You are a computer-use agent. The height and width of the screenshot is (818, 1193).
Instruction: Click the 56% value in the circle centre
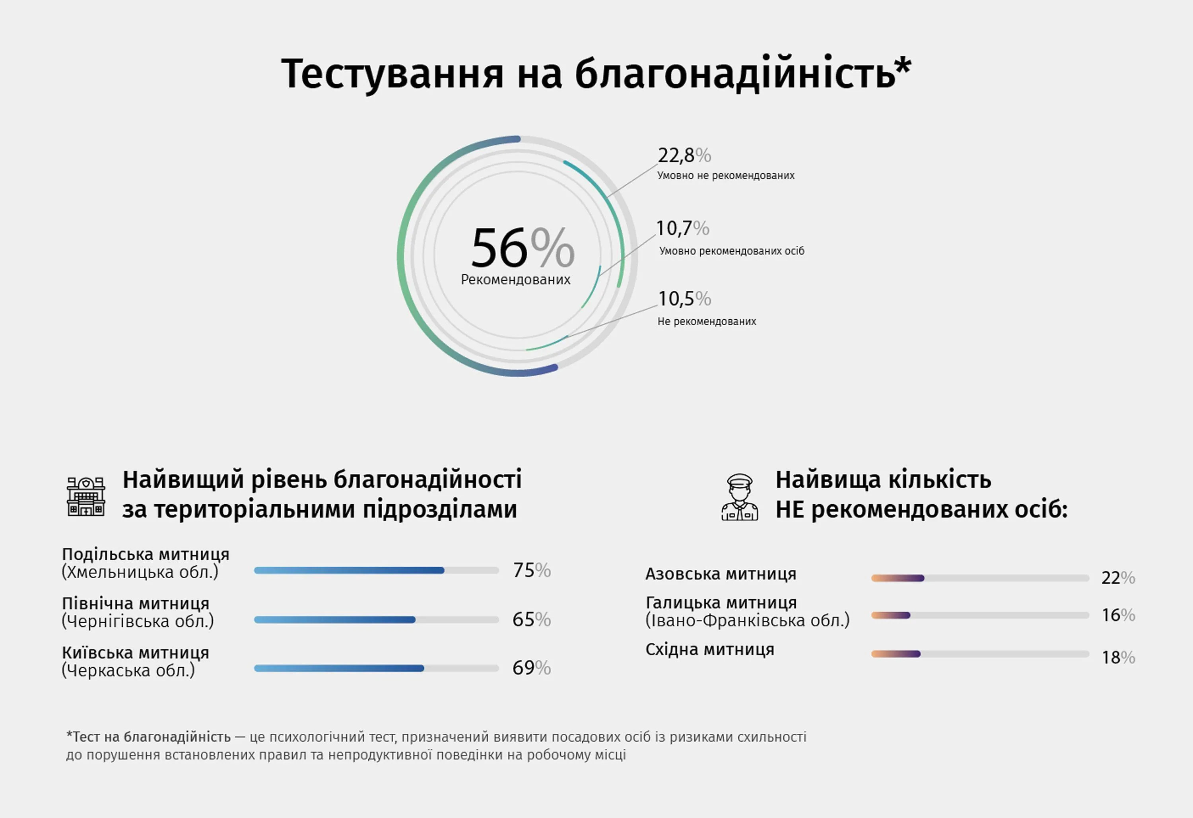(x=523, y=248)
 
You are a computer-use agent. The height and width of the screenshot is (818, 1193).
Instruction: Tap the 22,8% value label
(x=684, y=155)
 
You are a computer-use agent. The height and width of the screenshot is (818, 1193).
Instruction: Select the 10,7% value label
(x=683, y=228)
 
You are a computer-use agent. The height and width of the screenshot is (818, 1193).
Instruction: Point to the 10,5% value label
(x=684, y=298)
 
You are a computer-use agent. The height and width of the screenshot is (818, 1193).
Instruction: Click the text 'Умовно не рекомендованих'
(x=726, y=176)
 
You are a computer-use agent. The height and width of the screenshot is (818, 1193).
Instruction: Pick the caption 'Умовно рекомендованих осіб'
(x=732, y=251)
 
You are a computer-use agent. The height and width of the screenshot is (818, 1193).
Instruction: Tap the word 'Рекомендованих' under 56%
(x=515, y=280)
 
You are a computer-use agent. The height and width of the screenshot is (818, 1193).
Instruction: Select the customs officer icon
(x=739, y=497)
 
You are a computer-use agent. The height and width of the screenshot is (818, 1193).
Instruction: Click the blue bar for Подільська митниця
(x=349, y=570)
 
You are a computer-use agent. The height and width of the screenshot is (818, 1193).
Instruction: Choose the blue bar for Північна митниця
(x=335, y=620)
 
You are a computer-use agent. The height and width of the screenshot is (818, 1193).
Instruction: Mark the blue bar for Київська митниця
(x=339, y=668)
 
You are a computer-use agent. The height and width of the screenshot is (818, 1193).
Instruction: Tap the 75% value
(x=532, y=570)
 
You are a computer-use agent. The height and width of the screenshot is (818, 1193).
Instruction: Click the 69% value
(x=532, y=668)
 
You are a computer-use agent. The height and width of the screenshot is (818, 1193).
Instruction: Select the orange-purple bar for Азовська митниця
(x=898, y=578)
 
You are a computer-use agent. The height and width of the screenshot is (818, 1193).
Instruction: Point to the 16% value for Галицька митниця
(x=1118, y=615)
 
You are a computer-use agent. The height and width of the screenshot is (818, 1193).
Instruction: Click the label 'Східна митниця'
(x=709, y=649)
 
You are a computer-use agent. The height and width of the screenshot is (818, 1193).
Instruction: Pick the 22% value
(x=1118, y=578)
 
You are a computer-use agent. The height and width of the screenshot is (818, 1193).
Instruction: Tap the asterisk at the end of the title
(x=903, y=66)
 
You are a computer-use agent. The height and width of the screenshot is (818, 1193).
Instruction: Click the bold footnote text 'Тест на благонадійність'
(x=152, y=737)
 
